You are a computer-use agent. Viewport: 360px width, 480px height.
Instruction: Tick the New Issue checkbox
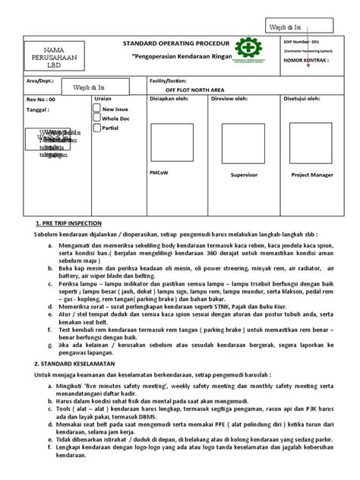pos(96,109)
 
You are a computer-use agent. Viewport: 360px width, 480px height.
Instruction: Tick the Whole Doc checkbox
pos(96,118)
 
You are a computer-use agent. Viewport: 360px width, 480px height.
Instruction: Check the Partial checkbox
pos(96,128)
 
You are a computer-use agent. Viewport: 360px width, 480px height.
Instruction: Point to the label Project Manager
pos(311,175)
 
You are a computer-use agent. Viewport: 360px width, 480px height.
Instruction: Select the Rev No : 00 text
pos(41,99)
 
